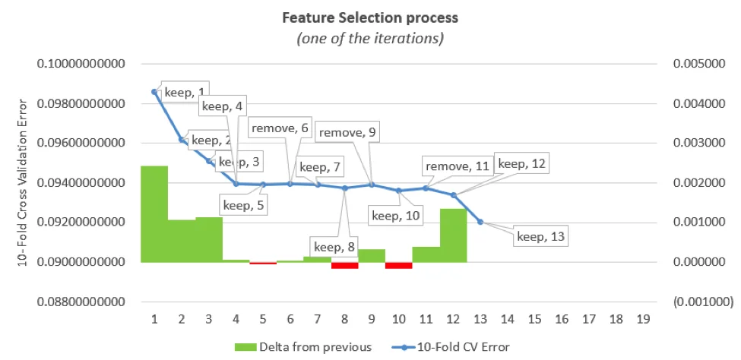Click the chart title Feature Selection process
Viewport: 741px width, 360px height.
[370, 18]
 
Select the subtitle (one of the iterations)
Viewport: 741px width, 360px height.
[370, 39]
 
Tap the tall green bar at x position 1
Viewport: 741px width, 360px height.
[154, 214]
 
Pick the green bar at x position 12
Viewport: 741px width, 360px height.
[454, 235]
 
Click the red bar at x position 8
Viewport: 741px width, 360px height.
[344, 266]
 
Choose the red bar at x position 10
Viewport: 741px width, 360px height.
[399, 266]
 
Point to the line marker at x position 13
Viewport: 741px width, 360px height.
[480, 222]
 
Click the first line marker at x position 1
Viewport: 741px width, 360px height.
[154, 92]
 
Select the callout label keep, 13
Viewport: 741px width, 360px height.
[540, 236]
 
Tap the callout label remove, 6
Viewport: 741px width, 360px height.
[280, 128]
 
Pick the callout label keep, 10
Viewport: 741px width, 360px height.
[396, 216]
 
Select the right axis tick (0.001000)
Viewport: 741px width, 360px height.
[703, 302]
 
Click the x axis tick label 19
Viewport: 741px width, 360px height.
[643, 319]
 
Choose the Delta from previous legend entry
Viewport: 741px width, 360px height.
[303, 347]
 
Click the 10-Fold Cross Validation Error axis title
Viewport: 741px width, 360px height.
[22, 183]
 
